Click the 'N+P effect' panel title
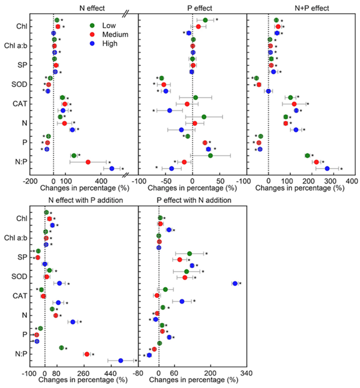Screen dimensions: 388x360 299,6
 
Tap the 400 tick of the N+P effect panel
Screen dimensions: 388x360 351,179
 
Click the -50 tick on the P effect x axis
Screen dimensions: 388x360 166,179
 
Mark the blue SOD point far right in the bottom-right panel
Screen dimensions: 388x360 235,283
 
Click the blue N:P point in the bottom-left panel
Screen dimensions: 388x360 121,360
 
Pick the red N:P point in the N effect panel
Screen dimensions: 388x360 88,162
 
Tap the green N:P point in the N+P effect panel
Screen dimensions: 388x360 307,155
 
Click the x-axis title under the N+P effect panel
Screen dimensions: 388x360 299,188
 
